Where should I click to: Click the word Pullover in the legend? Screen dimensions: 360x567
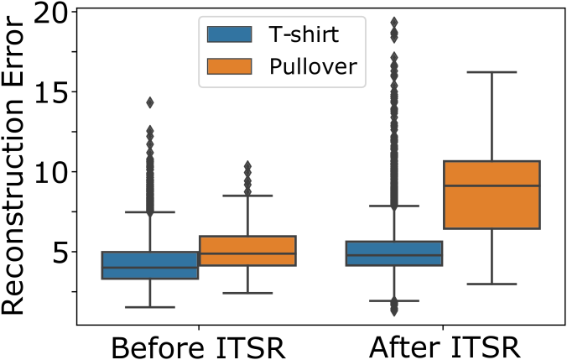tap(312, 67)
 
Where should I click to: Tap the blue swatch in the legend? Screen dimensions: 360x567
tap(229, 34)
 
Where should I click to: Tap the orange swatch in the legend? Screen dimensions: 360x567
tap(229, 66)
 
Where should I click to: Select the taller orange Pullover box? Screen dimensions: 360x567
tap(492, 206)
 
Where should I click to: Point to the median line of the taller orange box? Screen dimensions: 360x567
tap(492, 186)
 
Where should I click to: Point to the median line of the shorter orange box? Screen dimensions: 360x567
tap(247, 253)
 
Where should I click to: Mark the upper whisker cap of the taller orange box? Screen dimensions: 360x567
tap(492, 72)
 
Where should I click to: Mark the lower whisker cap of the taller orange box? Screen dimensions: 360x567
tap(492, 284)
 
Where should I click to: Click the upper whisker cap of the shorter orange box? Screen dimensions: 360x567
tap(247, 196)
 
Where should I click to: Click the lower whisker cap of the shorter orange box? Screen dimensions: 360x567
tap(247, 293)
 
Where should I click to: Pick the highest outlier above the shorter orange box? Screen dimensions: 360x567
tap(247, 165)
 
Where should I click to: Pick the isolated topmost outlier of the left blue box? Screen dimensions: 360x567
tap(150, 102)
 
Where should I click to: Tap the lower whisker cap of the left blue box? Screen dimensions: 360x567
tap(150, 307)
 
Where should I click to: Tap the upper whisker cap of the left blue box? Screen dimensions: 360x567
tap(150, 212)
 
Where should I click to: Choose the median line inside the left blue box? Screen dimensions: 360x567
tap(150, 268)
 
